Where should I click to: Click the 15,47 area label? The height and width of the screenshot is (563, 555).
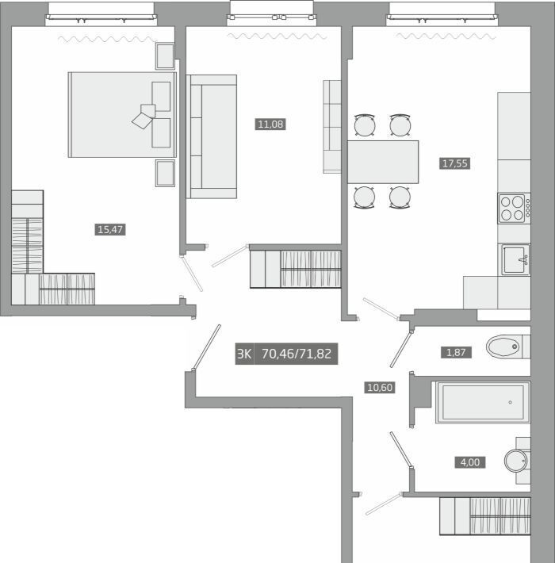click(110, 229)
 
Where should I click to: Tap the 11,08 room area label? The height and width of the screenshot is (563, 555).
click(270, 124)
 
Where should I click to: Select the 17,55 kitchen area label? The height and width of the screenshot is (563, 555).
click(455, 163)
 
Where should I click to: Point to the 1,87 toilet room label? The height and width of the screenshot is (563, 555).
click(456, 353)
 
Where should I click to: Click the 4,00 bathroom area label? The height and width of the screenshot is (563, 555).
click(470, 462)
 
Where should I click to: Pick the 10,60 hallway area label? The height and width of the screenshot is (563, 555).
click(380, 388)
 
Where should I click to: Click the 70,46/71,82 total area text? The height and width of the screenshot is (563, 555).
click(297, 354)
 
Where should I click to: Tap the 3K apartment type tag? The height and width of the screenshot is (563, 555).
click(244, 354)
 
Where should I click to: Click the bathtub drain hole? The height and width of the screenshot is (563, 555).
click(510, 402)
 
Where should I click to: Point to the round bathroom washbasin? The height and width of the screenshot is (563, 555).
click(516, 461)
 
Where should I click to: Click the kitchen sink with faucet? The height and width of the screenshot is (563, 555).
click(515, 259)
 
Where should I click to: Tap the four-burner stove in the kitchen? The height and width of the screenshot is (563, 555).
click(514, 209)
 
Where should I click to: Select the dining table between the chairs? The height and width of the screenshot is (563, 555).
click(383, 162)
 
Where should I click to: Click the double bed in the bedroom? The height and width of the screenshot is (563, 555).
click(122, 114)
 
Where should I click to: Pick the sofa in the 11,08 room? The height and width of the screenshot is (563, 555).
click(211, 136)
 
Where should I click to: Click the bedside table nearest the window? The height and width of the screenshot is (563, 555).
click(165, 56)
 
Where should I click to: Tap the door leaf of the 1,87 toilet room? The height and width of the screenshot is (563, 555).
click(401, 349)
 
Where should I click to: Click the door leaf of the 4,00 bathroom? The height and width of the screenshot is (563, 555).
click(401, 450)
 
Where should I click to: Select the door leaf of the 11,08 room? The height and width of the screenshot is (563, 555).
click(230, 255)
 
